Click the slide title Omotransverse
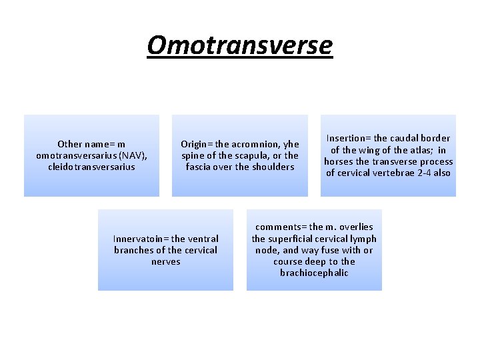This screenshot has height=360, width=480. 239,45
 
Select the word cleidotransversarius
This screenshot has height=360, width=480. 91,167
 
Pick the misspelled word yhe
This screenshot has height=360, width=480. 291,144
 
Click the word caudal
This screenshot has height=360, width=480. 402,138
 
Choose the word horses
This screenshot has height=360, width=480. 339,161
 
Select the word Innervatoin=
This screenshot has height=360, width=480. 141,239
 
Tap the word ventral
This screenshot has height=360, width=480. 203,239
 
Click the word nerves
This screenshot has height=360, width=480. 166,261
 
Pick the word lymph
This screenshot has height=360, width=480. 364,239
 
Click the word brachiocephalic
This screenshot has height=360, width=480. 314,273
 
